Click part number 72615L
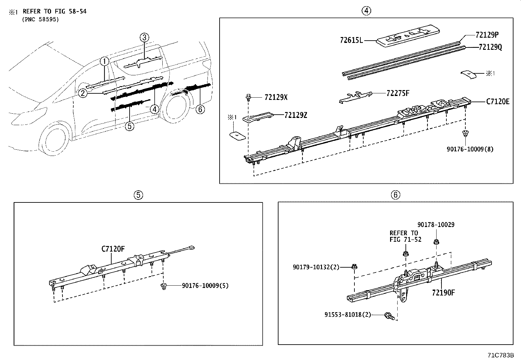click(x=351, y=41)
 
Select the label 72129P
click(x=487, y=35)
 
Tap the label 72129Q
click(x=490, y=47)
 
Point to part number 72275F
click(x=398, y=93)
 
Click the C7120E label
click(x=497, y=102)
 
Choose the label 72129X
click(x=276, y=97)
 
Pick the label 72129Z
click(x=296, y=115)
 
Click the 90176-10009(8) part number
click(x=470, y=149)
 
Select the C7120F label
click(x=113, y=249)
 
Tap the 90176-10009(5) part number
click(x=205, y=286)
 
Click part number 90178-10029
click(x=436, y=225)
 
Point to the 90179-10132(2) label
click(x=316, y=267)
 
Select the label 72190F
click(x=443, y=293)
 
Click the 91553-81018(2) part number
click(x=348, y=314)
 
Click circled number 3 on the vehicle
click(x=145, y=38)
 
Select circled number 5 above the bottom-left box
click(x=138, y=195)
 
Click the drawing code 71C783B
click(x=501, y=355)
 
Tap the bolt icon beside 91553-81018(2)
click(x=389, y=316)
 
